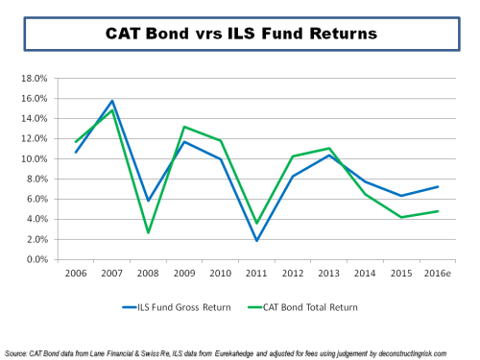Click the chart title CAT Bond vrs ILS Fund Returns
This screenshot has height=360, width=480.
point(239,35)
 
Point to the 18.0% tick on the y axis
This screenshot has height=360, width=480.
point(50,78)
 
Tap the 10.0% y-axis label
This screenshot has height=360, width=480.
point(50,158)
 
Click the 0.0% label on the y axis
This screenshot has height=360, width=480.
point(52,259)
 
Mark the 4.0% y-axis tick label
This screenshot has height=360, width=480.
point(52,219)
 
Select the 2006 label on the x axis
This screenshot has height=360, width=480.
point(77,273)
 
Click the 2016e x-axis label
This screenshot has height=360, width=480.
point(437,273)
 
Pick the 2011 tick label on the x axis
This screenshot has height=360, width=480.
point(257,273)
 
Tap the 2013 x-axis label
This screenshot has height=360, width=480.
point(329,273)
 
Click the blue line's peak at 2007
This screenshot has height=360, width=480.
point(112,101)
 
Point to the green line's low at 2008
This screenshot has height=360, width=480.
point(149,232)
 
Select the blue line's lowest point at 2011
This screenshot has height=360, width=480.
point(257,240)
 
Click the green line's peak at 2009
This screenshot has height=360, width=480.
point(184,127)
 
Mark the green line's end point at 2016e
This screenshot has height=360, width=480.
point(439,211)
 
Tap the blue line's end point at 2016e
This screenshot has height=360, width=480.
point(439,186)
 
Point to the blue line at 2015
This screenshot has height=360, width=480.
point(402,196)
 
